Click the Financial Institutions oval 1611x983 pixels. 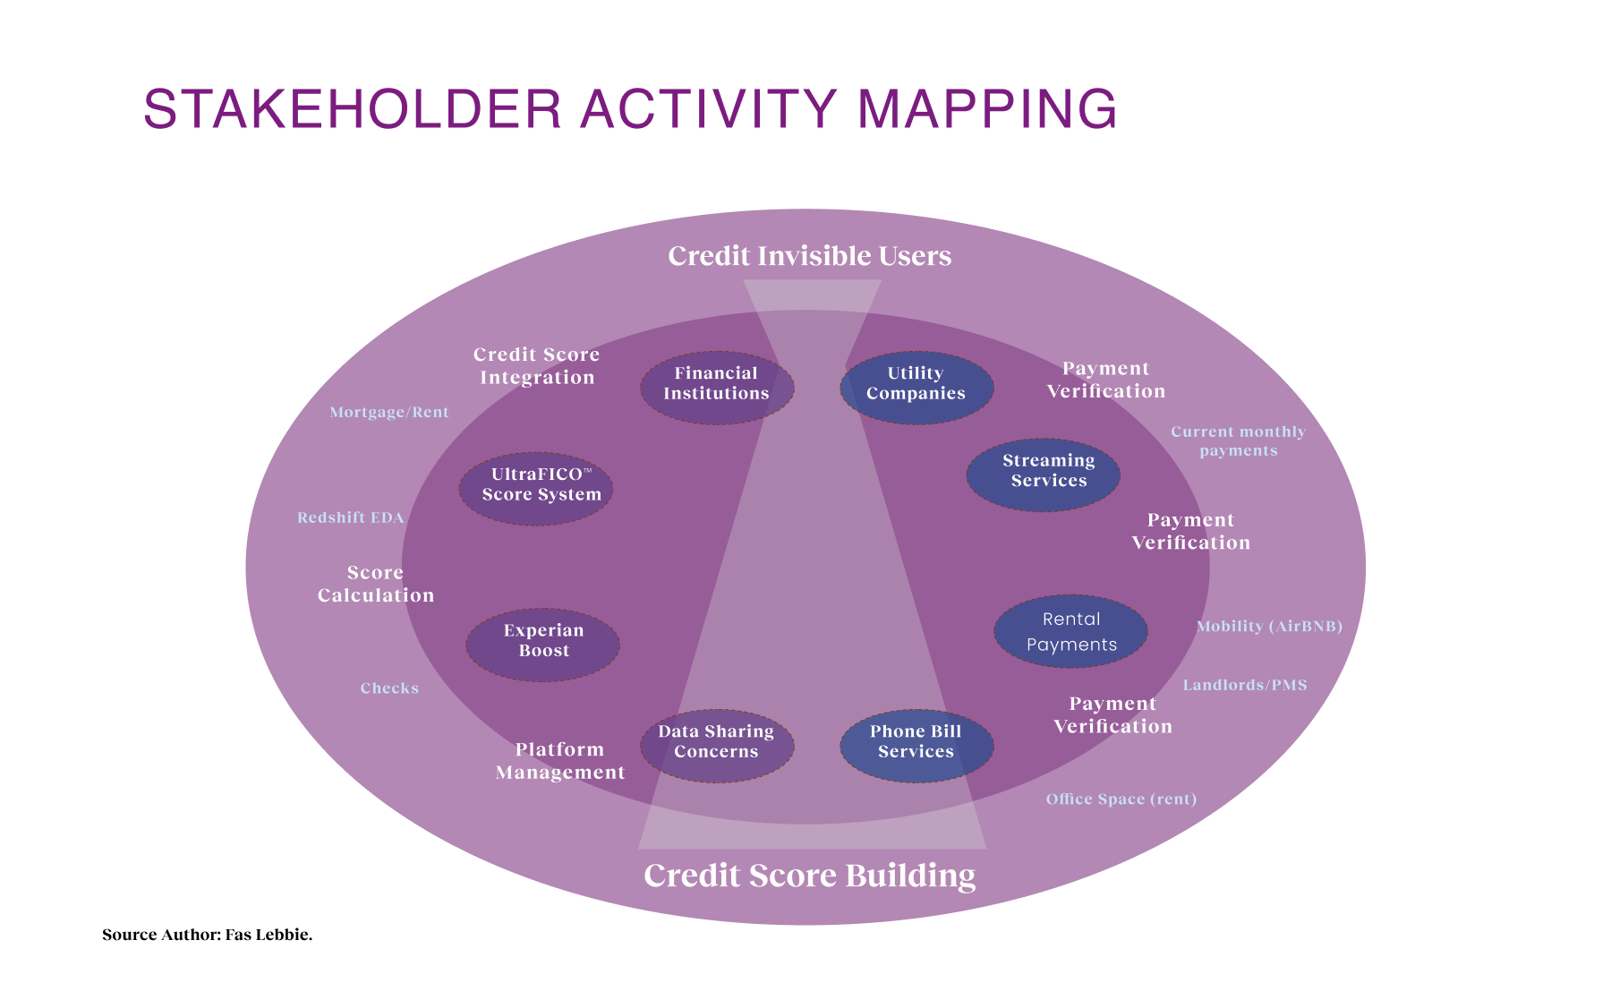coord(717,388)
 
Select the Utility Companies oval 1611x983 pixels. coord(916,388)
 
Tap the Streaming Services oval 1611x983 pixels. coord(1044,475)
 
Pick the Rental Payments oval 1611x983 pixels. coord(1071,631)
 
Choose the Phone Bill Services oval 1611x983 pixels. coord(916,746)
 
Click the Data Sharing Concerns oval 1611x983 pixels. coord(717,746)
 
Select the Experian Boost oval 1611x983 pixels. coord(543,645)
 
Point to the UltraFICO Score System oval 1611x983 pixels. coord(537,489)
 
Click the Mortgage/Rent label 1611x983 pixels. coord(389,413)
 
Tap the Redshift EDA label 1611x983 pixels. coord(351,518)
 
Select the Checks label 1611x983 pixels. coord(389,688)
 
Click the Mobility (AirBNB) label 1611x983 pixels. coord(1269,627)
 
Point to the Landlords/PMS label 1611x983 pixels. coord(1245,686)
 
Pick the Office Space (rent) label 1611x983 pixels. coord(1121,799)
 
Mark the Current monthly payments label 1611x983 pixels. coord(1239,441)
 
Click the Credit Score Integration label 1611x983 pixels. coord(537,366)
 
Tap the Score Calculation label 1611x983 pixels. coord(376,584)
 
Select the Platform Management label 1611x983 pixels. coord(560,761)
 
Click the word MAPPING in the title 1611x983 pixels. coord(987,109)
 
